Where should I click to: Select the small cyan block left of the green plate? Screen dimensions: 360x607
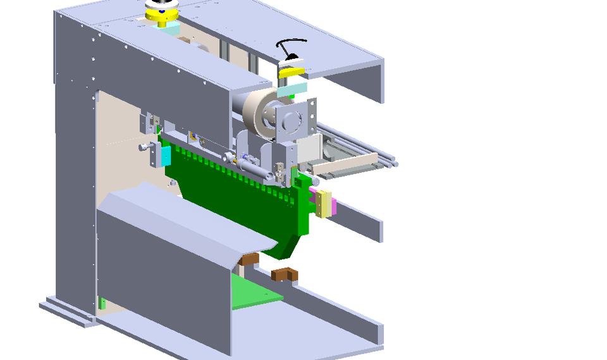166,155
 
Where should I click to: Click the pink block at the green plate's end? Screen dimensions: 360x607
314,196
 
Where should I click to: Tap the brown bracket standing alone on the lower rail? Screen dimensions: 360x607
284,274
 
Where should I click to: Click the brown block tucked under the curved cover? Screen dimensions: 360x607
249,259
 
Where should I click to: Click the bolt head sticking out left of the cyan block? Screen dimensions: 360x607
145,147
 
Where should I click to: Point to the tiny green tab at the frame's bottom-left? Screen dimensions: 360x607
102,303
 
